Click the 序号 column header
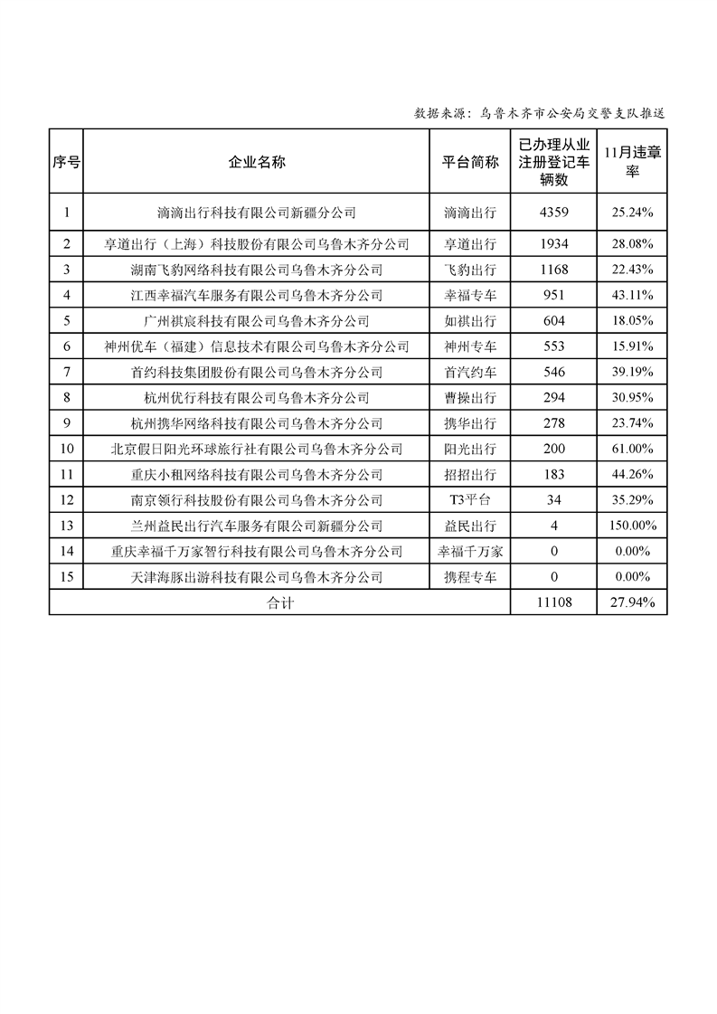tap(66, 163)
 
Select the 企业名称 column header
tap(257, 163)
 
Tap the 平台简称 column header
tap(470, 163)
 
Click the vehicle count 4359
tap(553, 214)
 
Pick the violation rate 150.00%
tap(632, 526)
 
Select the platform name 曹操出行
tap(470, 397)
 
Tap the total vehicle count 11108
tap(553, 602)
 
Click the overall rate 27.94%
tap(632, 602)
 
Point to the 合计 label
tap(280, 602)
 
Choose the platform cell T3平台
tap(470, 500)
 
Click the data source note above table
tap(540, 113)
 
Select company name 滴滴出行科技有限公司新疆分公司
tap(257, 214)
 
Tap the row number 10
tap(66, 449)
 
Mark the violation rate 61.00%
tap(632, 449)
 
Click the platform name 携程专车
tap(470, 577)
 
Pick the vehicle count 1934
tap(553, 244)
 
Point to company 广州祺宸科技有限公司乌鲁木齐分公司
tap(257, 320)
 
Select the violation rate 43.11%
tap(632, 295)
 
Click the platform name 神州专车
tap(470, 346)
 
